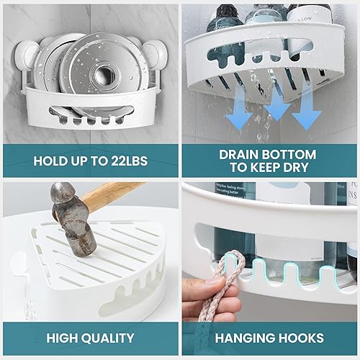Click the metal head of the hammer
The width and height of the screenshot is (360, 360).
75,220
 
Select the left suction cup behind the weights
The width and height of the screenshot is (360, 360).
35,54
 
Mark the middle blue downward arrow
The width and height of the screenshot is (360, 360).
276,108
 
